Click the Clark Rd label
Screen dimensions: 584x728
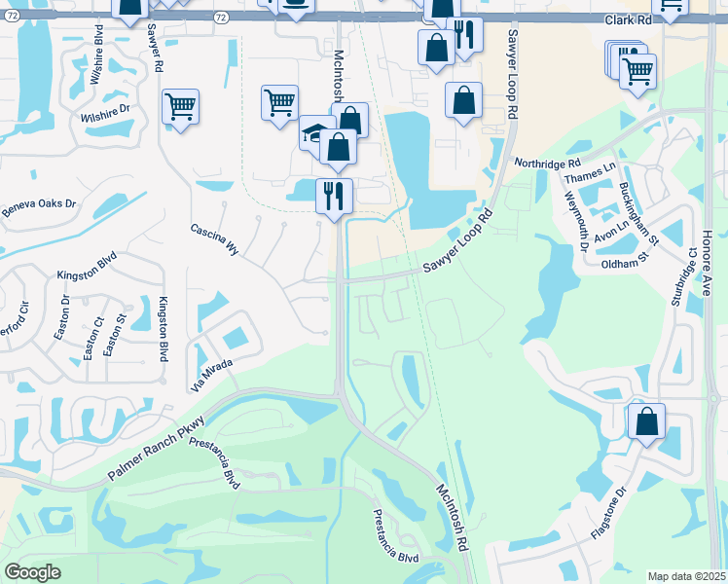tap(628, 19)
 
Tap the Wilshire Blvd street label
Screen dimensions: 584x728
tap(97, 54)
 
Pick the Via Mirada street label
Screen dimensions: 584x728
tap(212, 375)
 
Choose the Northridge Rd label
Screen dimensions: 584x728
tap(547, 163)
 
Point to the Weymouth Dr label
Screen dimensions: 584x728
tap(576, 222)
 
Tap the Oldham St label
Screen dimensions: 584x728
tap(625, 263)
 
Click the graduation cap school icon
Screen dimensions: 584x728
tap(313, 132)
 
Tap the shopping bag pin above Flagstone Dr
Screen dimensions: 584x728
tap(645, 421)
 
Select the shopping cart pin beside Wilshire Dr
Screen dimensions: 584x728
tap(180, 106)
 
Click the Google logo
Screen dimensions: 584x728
tap(32, 572)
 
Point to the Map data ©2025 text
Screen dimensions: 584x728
tap(686, 576)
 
